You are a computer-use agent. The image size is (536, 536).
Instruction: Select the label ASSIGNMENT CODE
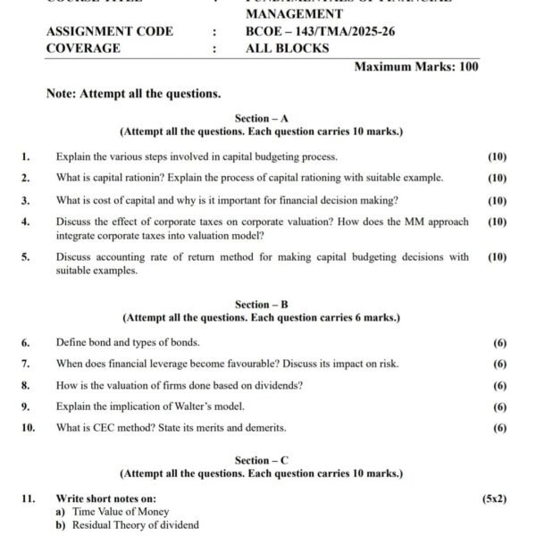click(110, 31)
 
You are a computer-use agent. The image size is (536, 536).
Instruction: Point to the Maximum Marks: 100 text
click(416, 67)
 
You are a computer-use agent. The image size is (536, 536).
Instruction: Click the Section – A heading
click(261, 118)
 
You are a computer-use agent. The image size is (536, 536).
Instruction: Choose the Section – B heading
click(261, 305)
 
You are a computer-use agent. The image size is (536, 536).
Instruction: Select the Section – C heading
click(261, 460)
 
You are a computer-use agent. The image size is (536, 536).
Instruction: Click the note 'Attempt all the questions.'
click(133, 93)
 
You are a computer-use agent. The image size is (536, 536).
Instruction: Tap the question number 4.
click(25, 222)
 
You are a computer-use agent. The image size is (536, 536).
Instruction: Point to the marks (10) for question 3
click(497, 201)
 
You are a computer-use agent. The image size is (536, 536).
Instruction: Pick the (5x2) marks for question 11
click(494, 498)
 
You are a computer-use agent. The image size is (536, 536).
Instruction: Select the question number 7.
click(25, 364)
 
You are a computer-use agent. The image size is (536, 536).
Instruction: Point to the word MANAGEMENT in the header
click(294, 14)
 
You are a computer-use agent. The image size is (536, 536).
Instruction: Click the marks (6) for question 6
click(499, 342)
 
